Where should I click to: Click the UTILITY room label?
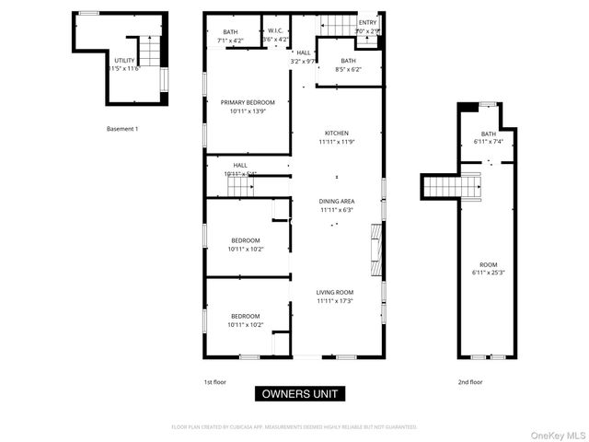pos(123,61)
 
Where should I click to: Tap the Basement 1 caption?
pos(122,129)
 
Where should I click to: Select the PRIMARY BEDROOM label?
pos(247,101)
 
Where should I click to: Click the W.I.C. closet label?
pos(275,31)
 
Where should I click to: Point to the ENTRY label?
pos(367,23)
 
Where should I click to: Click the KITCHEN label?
pos(336,133)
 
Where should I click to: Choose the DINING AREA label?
pos(336,201)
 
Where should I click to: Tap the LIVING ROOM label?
pos(336,291)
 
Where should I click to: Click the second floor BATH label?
pos(488,134)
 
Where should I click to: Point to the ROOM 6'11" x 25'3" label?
pos(490,263)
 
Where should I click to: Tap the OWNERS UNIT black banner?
pos(300,394)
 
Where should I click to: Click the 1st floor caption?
pos(214,381)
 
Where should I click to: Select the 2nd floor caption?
pos(469,381)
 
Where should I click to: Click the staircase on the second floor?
pos(453,187)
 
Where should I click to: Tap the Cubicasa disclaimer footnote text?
pos(294,427)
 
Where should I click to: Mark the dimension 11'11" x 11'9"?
pos(336,142)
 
